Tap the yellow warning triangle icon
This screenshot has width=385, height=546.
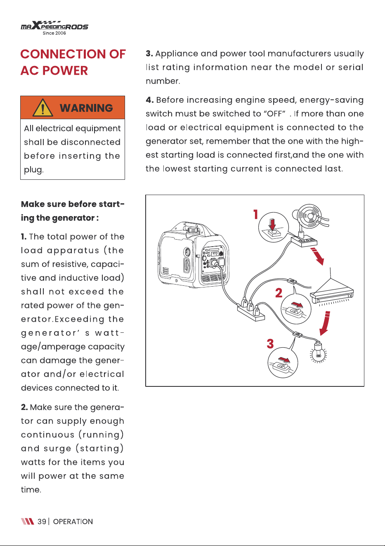pos(43,108)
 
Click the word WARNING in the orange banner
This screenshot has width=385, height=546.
pos(86,108)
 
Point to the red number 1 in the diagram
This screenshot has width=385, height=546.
pos(255,214)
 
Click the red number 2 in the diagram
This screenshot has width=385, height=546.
pos(279,293)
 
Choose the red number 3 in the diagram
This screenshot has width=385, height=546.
pos(270,344)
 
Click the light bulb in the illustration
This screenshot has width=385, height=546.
pos(319,353)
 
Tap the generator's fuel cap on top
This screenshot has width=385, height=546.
pos(192,230)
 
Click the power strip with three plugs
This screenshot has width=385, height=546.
pos(251,311)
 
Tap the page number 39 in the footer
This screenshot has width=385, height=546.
pos(42,521)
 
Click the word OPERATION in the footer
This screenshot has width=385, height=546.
pos(73,521)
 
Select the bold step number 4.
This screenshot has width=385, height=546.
pos(149,100)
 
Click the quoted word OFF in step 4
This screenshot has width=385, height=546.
pos(274,114)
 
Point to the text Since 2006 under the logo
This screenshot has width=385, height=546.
pos(54,33)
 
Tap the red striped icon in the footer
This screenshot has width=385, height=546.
pos(27,521)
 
